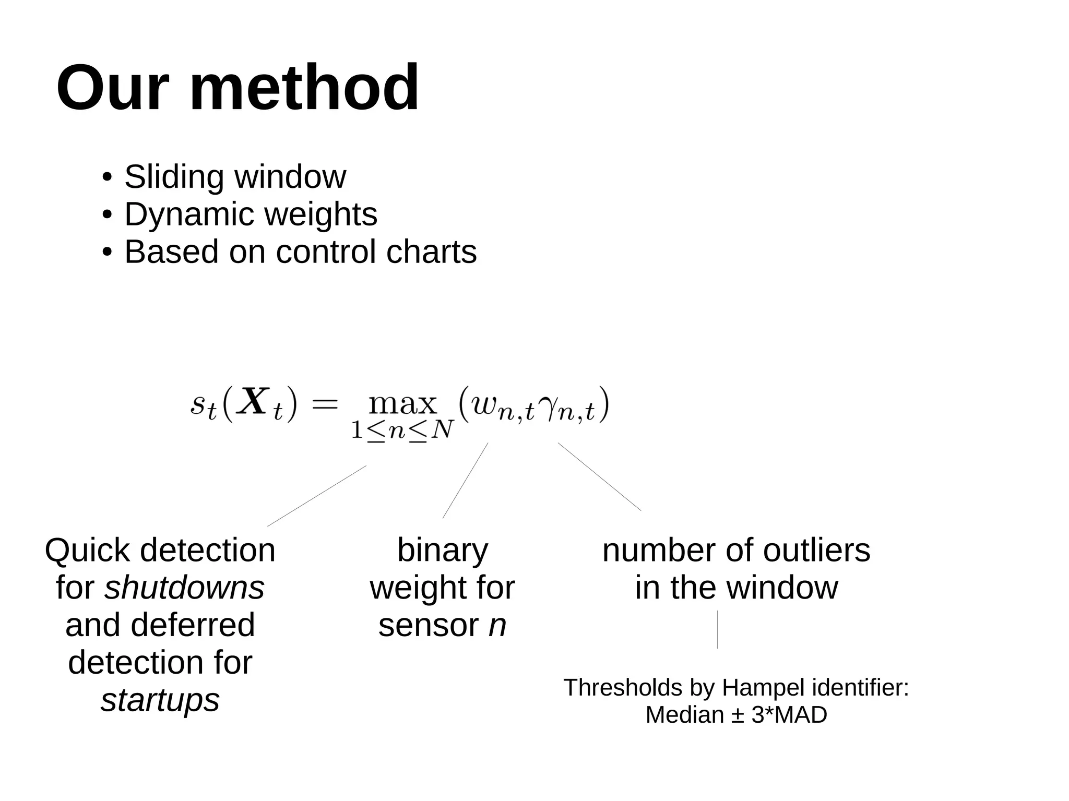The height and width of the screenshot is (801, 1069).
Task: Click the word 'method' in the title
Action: [x=304, y=88]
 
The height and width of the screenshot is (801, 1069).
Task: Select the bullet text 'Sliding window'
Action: [x=235, y=177]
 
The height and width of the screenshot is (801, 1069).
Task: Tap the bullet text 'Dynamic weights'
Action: [x=251, y=214]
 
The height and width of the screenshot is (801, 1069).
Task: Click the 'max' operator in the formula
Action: [x=402, y=403]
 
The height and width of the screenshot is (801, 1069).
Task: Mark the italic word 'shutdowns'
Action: [x=184, y=588]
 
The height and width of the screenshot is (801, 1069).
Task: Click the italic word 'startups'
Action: [x=160, y=700]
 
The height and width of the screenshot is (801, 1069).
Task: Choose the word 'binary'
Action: [x=443, y=551]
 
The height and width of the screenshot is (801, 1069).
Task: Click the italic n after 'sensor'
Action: [x=497, y=625]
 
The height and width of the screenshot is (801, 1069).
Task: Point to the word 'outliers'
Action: [x=817, y=551]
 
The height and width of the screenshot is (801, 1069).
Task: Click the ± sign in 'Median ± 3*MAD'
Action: [x=737, y=715]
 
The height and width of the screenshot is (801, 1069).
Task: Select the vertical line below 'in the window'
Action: [x=717, y=629]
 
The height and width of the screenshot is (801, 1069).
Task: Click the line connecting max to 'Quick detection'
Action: [x=317, y=496]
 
